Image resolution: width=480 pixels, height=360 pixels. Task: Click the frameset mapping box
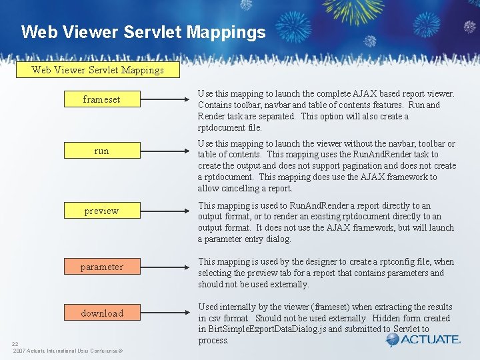[101, 99]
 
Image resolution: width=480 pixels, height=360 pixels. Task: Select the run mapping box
[101, 151]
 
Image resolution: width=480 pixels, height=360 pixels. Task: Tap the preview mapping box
[101, 211]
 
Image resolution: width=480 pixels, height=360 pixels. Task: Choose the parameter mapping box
[101, 267]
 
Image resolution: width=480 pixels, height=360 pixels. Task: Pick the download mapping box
[101, 313]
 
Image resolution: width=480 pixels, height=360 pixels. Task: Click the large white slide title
[143, 32]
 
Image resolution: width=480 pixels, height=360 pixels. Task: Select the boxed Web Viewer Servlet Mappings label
[98, 69]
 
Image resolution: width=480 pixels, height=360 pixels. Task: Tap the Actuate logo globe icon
[393, 340]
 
